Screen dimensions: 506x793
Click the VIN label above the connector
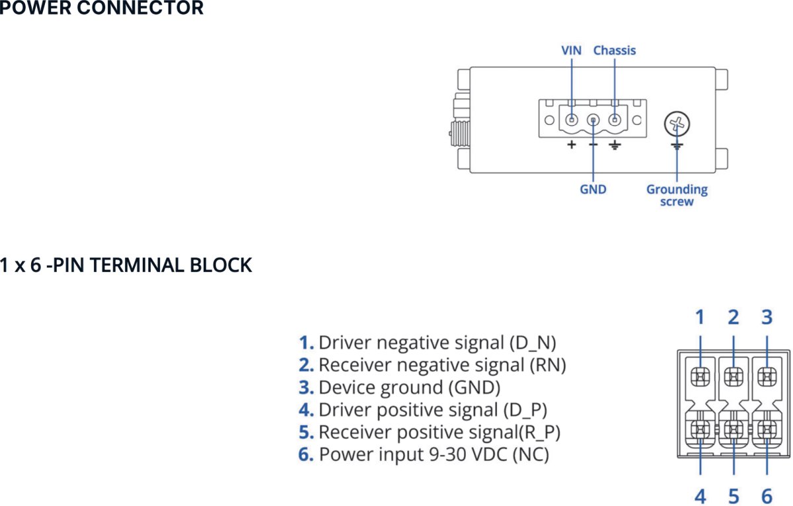coord(571,50)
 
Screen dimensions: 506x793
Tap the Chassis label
coord(615,50)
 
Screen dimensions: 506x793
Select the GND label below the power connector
coord(593,189)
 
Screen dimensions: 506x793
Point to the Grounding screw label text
coord(677,195)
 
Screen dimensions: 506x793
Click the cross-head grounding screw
coord(677,123)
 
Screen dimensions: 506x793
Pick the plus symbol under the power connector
coord(571,145)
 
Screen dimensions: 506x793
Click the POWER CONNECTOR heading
coord(102,9)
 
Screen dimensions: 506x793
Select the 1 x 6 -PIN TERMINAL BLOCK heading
coord(126,265)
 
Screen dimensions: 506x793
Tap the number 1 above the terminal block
coord(700,317)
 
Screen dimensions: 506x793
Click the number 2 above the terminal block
coord(733,317)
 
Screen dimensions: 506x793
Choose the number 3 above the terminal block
coord(767,317)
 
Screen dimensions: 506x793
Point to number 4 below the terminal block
coord(700,495)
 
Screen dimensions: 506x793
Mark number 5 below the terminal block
coord(733,495)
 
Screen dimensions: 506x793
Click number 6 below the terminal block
coord(767,495)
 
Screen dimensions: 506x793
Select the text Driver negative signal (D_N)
coord(436,343)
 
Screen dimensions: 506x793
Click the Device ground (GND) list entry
coord(408,387)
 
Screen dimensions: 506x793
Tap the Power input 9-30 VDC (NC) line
coord(433,454)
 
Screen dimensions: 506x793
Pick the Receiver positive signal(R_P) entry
coord(439,432)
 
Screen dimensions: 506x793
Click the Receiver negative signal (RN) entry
coord(441,364)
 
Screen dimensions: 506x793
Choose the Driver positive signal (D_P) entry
coord(432,409)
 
